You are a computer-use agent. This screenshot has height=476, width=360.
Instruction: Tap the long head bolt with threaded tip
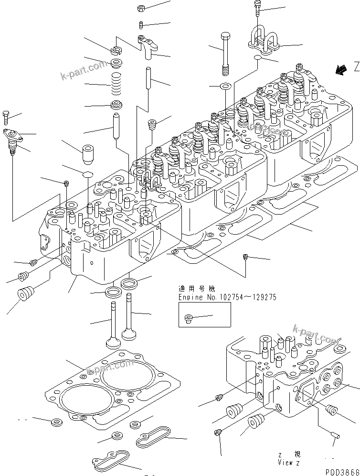[226, 53]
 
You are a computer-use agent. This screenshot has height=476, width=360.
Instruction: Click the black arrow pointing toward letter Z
[341, 70]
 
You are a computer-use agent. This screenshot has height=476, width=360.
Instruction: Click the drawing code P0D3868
[342, 472]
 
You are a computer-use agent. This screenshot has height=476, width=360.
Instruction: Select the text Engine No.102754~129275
[227, 297]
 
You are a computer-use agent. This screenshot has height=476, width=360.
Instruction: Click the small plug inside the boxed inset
[189, 318]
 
